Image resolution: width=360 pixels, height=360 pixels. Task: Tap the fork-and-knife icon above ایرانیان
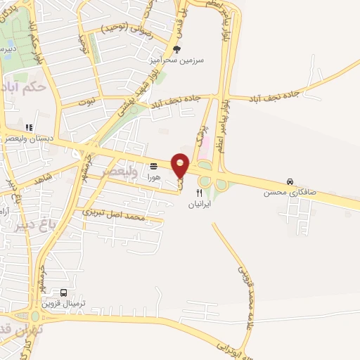coord(200,192)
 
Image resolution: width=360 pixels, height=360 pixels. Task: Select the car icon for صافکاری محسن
coord(290,181)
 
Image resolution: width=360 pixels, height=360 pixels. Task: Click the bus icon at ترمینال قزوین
coord(64,292)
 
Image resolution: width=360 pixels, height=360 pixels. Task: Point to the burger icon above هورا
coord(153,166)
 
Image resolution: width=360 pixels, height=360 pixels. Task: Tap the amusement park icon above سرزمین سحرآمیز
coord(176,49)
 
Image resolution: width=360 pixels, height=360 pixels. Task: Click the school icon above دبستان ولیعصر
coord(29,127)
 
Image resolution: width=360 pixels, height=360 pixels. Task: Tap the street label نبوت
coord(86,102)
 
